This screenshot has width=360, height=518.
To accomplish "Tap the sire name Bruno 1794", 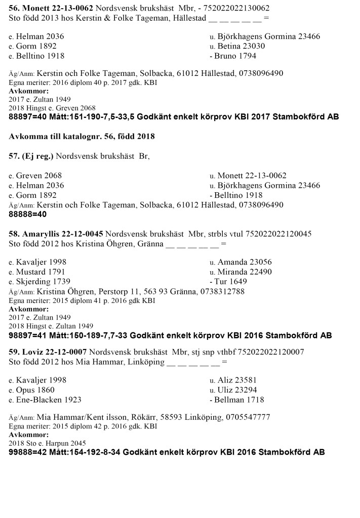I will [235, 56].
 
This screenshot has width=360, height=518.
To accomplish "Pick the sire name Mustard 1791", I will [41, 272].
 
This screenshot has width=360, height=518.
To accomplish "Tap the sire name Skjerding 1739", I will [43, 281].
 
